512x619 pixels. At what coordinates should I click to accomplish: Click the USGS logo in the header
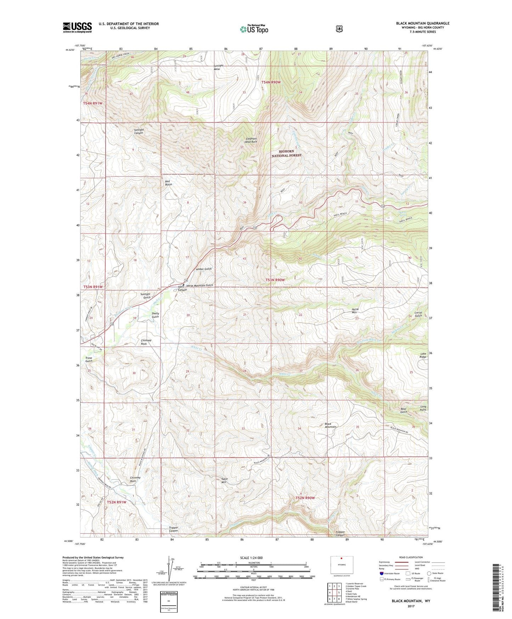[77, 27]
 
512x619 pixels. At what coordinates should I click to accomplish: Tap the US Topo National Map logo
[253, 29]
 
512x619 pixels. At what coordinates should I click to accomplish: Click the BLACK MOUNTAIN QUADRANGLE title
[422, 23]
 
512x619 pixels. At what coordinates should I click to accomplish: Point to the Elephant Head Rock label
[251, 140]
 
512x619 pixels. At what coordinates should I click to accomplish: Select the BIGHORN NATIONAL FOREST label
[286, 153]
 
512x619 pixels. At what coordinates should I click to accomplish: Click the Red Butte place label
[169, 183]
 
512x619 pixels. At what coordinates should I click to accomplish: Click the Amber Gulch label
[204, 269]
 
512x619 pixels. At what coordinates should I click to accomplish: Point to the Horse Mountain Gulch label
[199, 285]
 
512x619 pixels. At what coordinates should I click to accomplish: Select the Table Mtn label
[224, 480]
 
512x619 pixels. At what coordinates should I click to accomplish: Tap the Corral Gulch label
[418, 314]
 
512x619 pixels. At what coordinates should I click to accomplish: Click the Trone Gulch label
[89, 359]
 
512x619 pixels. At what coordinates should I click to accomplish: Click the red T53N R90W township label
[275, 280]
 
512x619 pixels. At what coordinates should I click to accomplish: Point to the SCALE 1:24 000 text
[251, 558]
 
